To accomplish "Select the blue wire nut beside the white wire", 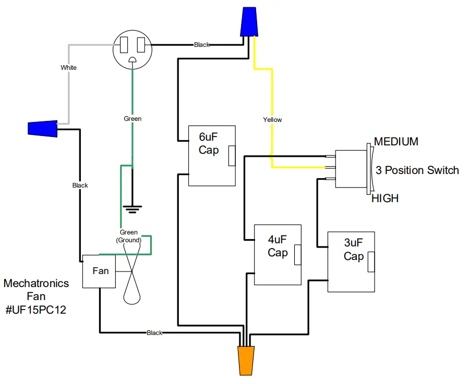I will point(42,128).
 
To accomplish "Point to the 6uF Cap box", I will point(211,156).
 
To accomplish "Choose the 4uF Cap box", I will point(278,254).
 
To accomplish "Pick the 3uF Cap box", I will point(351,262).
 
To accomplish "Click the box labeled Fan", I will point(100,271).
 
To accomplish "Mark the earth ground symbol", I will point(133,209).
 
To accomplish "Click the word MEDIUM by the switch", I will point(396,142).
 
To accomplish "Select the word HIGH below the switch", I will point(385,199).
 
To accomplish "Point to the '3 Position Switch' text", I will point(417,170).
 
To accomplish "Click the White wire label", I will point(68,68).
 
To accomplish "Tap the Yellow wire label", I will point(272,120).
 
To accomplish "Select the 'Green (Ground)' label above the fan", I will point(129,236).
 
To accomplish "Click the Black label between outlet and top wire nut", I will point(202,45).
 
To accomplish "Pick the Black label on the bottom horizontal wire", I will point(154,332).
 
